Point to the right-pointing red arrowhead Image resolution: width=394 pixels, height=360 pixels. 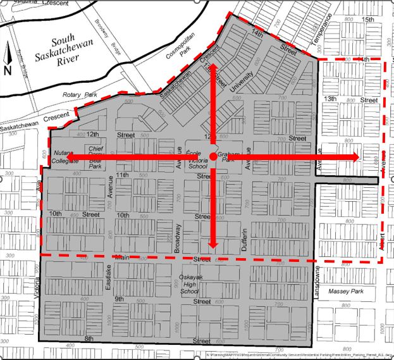pos(354,156)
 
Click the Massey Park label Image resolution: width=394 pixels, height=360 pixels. pos(347,292)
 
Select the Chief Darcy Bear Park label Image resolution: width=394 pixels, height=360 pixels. pos(95,155)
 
